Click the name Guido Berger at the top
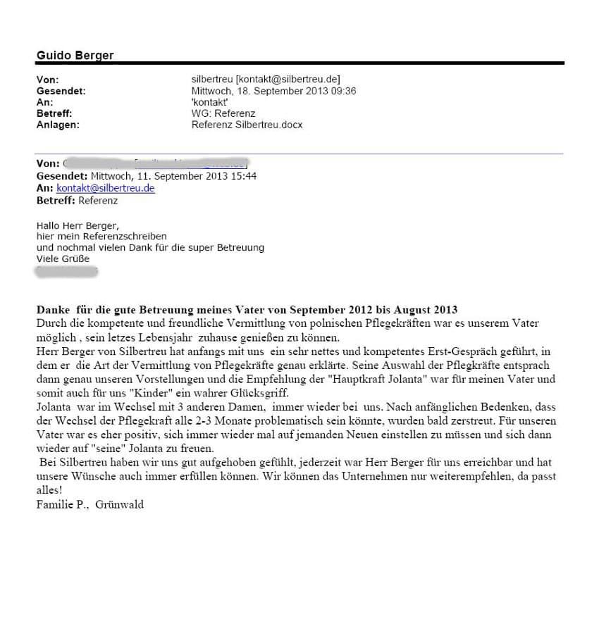tap(75, 55)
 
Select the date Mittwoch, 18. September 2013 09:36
tap(273, 91)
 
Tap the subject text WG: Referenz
tap(223, 113)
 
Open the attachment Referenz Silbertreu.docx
tap(247, 125)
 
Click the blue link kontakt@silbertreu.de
tap(106, 189)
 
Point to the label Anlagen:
tap(58, 125)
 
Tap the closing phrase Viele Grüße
tap(63, 259)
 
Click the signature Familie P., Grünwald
tap(90, 504)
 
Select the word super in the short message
tap(199, 248)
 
